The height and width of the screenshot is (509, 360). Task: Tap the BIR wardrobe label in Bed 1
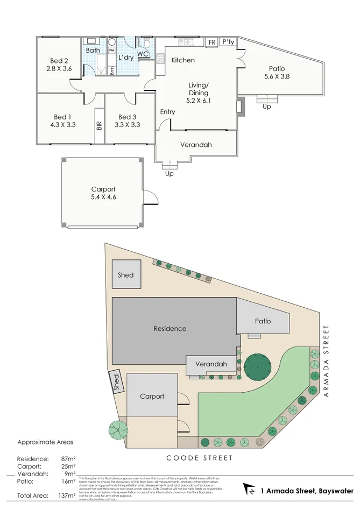tap(99, 126)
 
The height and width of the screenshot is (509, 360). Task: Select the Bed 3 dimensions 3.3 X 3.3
tap(128, 125)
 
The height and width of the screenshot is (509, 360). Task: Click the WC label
tap(143, 54)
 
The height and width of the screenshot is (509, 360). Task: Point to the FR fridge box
tap(212, 42)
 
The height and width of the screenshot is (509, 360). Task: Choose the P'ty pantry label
tap(228, 42)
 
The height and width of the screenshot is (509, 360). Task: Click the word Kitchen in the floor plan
tap(183, 60)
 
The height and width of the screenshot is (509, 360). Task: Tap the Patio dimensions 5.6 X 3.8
tap(277, 76)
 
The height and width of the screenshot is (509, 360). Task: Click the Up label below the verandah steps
tap(170, 174)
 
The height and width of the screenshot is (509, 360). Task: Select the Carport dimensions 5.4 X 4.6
tap(103, 197)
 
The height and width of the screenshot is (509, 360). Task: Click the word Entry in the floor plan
tap(168, 112)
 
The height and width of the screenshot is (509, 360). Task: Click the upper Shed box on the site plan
tap(125, 275)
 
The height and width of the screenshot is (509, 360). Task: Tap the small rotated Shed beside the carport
tap(115, 382)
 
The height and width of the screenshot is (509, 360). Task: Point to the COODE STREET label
tap(200, 458)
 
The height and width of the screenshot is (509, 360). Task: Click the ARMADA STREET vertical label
tap(326, 361)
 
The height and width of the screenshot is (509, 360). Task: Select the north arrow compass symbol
tap(250, 490)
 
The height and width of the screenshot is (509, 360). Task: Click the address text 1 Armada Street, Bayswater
tap(307, 491)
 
